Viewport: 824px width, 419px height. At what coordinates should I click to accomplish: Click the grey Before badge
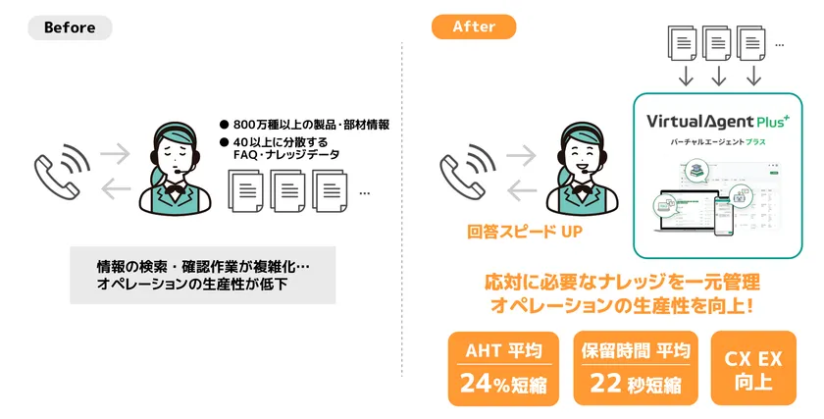point(70,27)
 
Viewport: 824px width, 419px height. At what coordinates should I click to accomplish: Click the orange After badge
point(474,26)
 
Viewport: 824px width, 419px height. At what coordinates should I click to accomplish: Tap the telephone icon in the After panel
point(468,172)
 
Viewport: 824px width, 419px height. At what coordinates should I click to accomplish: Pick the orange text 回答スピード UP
point(525,232)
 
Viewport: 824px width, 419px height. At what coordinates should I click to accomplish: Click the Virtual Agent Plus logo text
point(718,122)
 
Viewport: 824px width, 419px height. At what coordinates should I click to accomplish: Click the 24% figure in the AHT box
point(485,383)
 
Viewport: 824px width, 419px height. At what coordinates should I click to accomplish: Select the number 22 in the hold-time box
point(605,383)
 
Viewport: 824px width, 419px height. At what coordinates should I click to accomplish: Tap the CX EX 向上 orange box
point(753,368)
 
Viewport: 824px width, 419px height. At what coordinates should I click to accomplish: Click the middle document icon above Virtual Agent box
point(717,43)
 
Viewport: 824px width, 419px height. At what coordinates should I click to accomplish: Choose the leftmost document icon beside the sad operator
point(245,190)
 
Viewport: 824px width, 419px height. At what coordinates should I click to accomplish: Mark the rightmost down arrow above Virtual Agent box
point(753,77)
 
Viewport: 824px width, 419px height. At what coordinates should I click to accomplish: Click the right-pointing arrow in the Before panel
point(115,154)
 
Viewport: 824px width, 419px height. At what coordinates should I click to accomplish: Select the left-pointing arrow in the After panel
point(522,190)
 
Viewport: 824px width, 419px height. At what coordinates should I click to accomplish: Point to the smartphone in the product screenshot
point(723,215)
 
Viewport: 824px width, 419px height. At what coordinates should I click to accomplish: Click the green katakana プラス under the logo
point(755,142)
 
